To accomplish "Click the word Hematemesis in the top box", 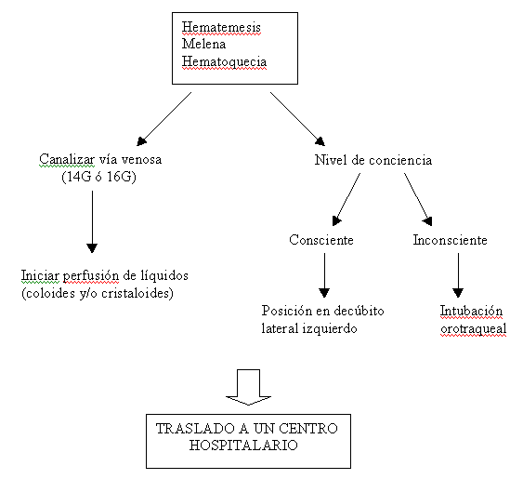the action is [221, 27].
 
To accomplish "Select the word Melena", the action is [203, 44].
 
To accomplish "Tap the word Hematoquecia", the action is [224, 61].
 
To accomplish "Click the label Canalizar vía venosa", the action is [100, 159].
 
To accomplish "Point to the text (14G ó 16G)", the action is [99, 177].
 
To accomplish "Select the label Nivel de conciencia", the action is [373, 160].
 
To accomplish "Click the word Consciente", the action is [321, 240].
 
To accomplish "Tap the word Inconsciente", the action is [450, 240].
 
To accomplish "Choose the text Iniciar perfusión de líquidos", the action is [105, 275].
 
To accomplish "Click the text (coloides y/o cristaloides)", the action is [98, 293].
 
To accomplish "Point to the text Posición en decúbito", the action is [322, 311].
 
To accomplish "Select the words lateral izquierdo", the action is [309, 328].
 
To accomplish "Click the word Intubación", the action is [471, 311].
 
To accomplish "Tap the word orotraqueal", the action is [474, 328].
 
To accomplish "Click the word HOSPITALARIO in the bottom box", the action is [243, 446].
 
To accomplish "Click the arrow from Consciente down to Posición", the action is [324, 275].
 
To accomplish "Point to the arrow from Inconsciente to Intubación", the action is [458, 275].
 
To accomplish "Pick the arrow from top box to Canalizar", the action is [164, 119].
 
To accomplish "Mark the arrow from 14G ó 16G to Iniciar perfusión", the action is [92, 221].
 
